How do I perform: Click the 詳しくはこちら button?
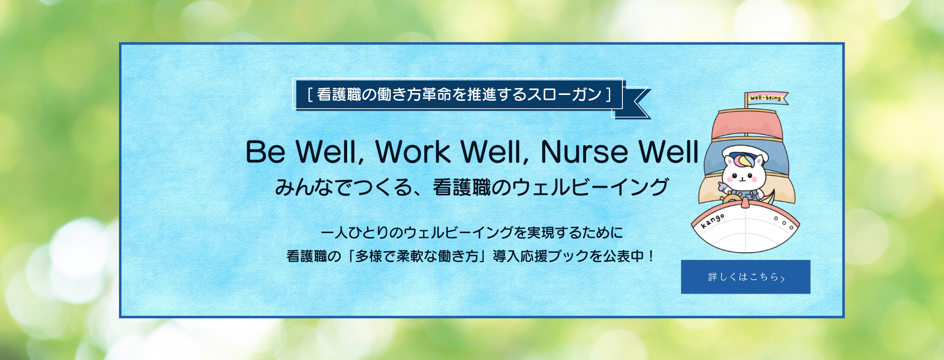[745, 277]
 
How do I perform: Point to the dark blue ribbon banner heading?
[458, 94]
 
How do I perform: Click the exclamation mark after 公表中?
[651, 256]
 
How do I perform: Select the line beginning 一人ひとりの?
[472, 232]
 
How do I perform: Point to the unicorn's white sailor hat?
[744, 153]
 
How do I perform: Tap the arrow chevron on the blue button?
[782, 279]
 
